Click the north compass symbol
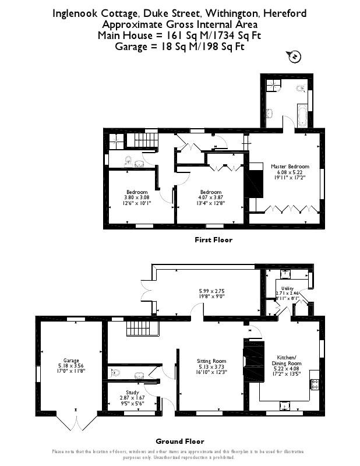coord(294,57)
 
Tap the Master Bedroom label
coord(286,166)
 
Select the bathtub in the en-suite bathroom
coord(303,115)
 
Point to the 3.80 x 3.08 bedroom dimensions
coord(137,197)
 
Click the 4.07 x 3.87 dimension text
coord(210,197)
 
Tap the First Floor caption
coord(213,239)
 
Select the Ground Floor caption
coord(180,442)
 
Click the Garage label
coord(71,361)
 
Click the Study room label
coord(133,393)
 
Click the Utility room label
coord(287,288)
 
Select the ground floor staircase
coord(140,329)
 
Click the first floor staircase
coord(151,140)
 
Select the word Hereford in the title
coord(285,13)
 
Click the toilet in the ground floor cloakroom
coord(115,373)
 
